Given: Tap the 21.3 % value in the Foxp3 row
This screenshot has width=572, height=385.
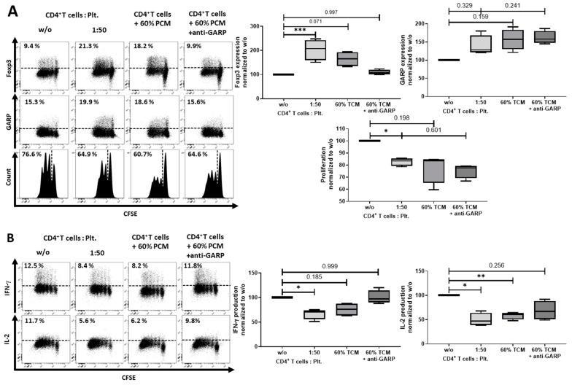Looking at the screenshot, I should (89, 47).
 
